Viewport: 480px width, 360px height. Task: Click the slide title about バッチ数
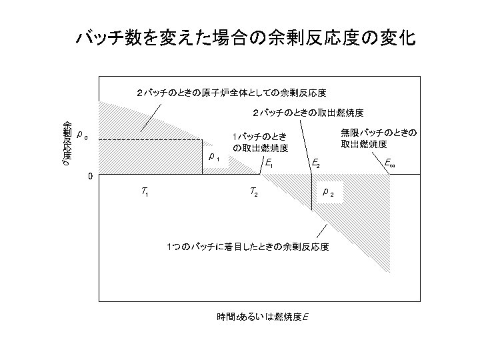click(x=245, y=38)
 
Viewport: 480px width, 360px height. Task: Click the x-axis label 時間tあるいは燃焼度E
click(x=262, y=315)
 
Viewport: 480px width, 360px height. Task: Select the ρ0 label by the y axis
click(x=81, y=135)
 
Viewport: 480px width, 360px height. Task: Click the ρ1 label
click(x=213, y=158)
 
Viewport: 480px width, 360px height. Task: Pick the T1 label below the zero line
click(x=145, y=193)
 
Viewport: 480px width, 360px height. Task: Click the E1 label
click(x=269, y=163)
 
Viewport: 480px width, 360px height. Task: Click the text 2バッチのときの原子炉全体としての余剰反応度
click(x=231, y=92)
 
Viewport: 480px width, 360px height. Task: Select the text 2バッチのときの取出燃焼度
click(x=307, y=112)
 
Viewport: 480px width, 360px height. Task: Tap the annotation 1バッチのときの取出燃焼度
click(x=260, y=141)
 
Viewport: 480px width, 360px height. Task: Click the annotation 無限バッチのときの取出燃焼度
click(x=378, y=138)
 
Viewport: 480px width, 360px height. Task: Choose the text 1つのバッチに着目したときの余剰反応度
click(x=247, y=247)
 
